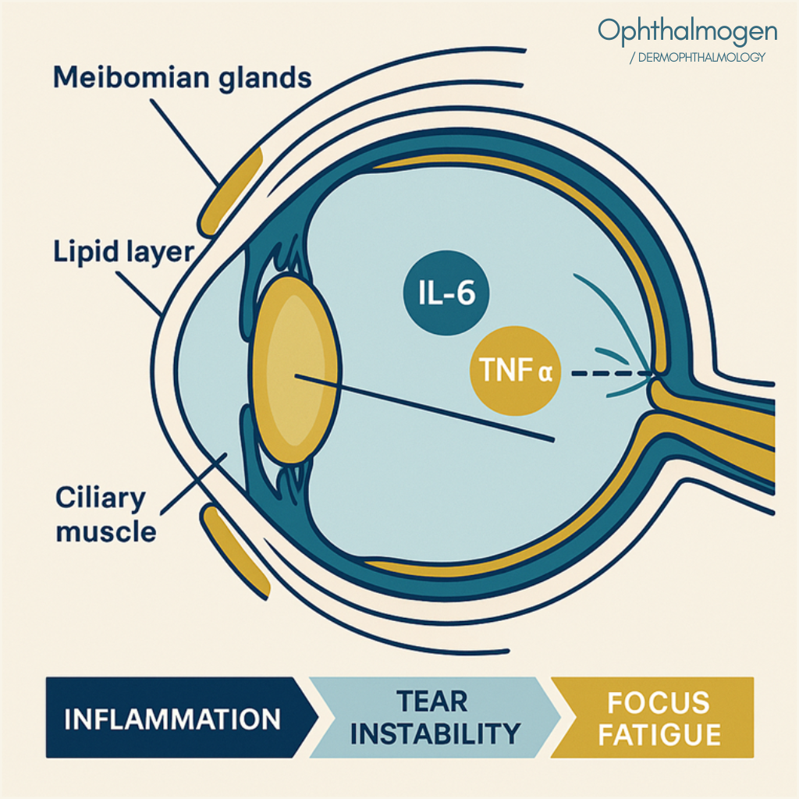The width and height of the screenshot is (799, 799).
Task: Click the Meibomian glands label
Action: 183,78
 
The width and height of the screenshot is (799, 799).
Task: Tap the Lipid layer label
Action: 124,252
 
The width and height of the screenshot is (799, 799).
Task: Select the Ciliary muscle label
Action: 105,515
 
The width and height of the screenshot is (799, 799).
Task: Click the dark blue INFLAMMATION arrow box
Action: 173,718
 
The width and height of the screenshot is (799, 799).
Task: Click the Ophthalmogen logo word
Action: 687,31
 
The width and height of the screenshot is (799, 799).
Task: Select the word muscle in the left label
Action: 105,532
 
